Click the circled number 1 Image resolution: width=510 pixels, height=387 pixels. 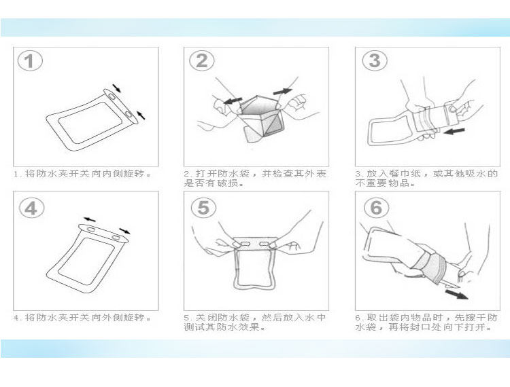tap(30, 60)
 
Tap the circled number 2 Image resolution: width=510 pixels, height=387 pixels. tap(202, 60)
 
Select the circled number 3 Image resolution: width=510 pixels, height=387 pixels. tap(375, 60)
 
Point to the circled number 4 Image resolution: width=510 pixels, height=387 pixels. tap(31, 208)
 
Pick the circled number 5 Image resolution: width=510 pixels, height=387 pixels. tap(203, 207)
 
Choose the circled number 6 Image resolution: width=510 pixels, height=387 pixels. tap(376, 207)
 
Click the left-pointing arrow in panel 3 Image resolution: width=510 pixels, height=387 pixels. tap(454, 131)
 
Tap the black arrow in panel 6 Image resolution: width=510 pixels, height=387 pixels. tap(457, 295)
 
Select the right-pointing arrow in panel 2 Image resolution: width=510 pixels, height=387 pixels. tap(283, 92)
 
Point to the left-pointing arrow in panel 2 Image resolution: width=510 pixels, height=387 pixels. tap(233, 100)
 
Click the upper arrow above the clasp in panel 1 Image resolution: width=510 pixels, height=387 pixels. tap(116, 88)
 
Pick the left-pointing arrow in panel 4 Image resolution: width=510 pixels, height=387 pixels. tap(90, 220)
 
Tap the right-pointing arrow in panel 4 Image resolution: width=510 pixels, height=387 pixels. tap(124, 231)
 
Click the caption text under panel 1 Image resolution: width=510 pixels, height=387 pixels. tap(82, 174)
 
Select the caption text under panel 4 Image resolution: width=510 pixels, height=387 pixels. tap(82, 318)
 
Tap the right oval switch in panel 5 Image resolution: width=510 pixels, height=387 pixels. tap(264, 244)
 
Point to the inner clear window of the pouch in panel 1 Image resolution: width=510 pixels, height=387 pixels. tap(90, 122)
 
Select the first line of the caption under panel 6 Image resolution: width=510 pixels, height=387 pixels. tap(426, 318)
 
